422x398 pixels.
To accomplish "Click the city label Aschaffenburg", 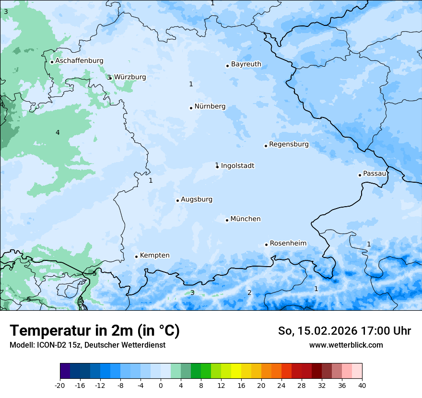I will tap(79, 61).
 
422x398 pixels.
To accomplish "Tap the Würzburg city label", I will tap(130, 77).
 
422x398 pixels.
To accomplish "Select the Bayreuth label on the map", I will tap(246, 64).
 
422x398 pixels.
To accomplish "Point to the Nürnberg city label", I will tap(210, 106).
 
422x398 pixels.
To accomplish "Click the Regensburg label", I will tap(289, 144).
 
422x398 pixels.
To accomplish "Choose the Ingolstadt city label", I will tap(237, 166).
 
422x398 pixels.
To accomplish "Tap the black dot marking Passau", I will tap(360, 175).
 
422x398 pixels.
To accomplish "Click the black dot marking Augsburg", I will tap(177, 200).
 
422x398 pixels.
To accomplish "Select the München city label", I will tap(246, 219).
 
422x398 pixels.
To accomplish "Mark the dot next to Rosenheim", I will tap(266, 245).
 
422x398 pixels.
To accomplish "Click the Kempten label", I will tap(154, 256).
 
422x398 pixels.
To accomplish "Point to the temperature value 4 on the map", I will tap(58, 132).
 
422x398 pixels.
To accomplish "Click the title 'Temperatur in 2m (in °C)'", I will tap(94, 331).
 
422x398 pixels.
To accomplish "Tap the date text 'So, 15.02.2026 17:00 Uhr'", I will tap(344, 331).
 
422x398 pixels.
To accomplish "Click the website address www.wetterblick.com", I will tap(346, 345).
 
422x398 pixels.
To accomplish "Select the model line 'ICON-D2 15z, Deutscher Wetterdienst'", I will tap(87, 345).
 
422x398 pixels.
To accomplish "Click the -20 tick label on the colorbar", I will tap(60, 385).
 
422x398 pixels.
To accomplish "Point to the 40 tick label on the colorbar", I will tap(362, 385).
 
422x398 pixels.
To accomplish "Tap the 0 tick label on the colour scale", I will tap(161, 385).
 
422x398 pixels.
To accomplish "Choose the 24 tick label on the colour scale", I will tap(281, 385).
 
